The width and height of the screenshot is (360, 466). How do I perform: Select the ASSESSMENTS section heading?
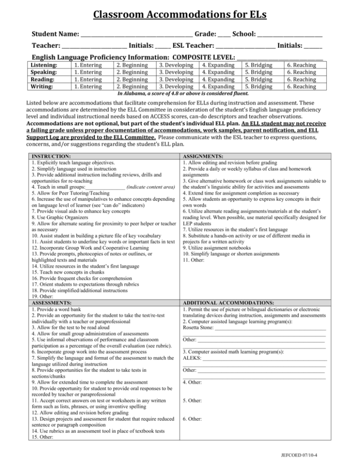51,303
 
